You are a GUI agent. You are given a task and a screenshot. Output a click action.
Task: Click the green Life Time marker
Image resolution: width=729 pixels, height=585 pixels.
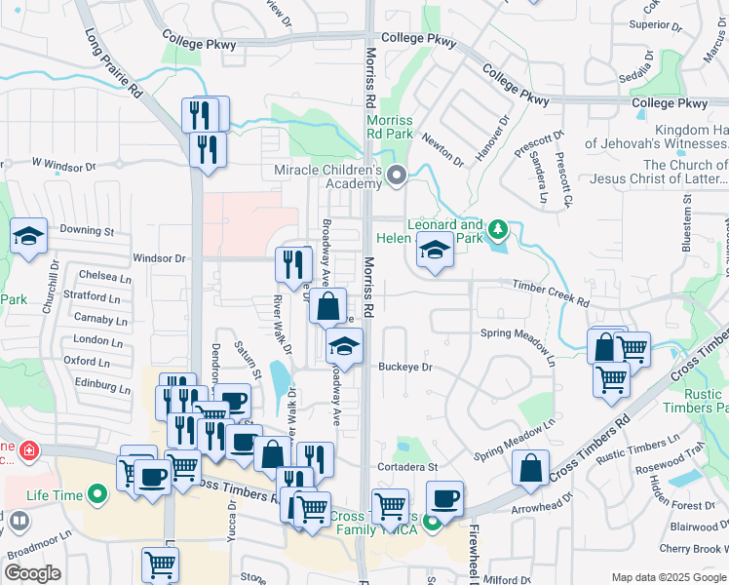(96, 496)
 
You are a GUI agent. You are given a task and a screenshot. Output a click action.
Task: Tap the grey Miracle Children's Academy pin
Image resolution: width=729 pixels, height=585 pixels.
(396, 176)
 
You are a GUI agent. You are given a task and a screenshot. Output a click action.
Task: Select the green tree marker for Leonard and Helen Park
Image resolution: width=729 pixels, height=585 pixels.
(498, 230)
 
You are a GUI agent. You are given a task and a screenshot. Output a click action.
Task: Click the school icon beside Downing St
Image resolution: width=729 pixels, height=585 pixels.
(28, 235)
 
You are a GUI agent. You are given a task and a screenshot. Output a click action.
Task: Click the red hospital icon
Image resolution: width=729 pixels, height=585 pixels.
(29, 451)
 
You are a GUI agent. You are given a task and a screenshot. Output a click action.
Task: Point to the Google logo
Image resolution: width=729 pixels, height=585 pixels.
(32, 572)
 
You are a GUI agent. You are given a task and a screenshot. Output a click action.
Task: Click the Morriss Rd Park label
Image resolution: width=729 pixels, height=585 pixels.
(389, 128)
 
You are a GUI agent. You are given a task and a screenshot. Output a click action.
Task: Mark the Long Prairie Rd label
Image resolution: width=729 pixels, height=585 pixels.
(114, 62)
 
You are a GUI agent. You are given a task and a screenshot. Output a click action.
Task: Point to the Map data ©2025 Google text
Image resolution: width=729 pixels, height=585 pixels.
(668, 577)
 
